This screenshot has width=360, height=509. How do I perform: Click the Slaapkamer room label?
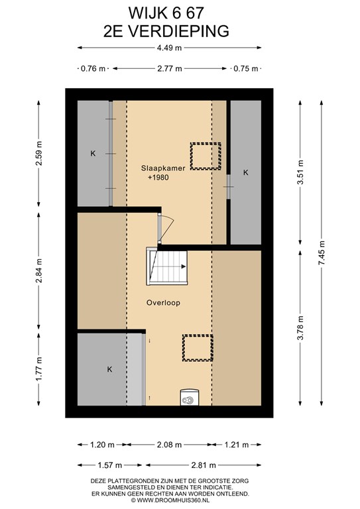[163, 168]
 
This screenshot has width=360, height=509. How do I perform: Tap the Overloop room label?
[163, 303]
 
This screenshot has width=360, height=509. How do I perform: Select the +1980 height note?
[158, 178]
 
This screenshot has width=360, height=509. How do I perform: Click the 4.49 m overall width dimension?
[169, 48]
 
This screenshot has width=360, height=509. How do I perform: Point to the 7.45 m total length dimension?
[322, 253]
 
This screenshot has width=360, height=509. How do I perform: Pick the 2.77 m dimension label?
[170, 68]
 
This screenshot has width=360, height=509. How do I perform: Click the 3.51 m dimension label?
[300, 172]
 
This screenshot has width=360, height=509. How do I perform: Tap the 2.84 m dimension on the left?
[38, 270]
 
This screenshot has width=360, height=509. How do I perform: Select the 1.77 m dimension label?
[38, 369]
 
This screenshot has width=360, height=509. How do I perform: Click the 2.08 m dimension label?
[169, 445]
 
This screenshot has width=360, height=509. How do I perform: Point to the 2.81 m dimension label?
[204, 465]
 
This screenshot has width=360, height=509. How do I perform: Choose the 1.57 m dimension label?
[109, 465]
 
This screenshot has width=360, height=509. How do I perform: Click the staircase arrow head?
[184, 266]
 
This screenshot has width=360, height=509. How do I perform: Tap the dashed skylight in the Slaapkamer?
[206, 156]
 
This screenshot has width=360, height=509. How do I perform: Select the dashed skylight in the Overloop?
[198, 348]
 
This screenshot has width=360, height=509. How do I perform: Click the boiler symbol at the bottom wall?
[189, 398]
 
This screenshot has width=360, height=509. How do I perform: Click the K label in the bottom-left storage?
[109, 369]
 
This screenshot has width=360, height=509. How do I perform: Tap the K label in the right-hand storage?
[246, 173]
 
